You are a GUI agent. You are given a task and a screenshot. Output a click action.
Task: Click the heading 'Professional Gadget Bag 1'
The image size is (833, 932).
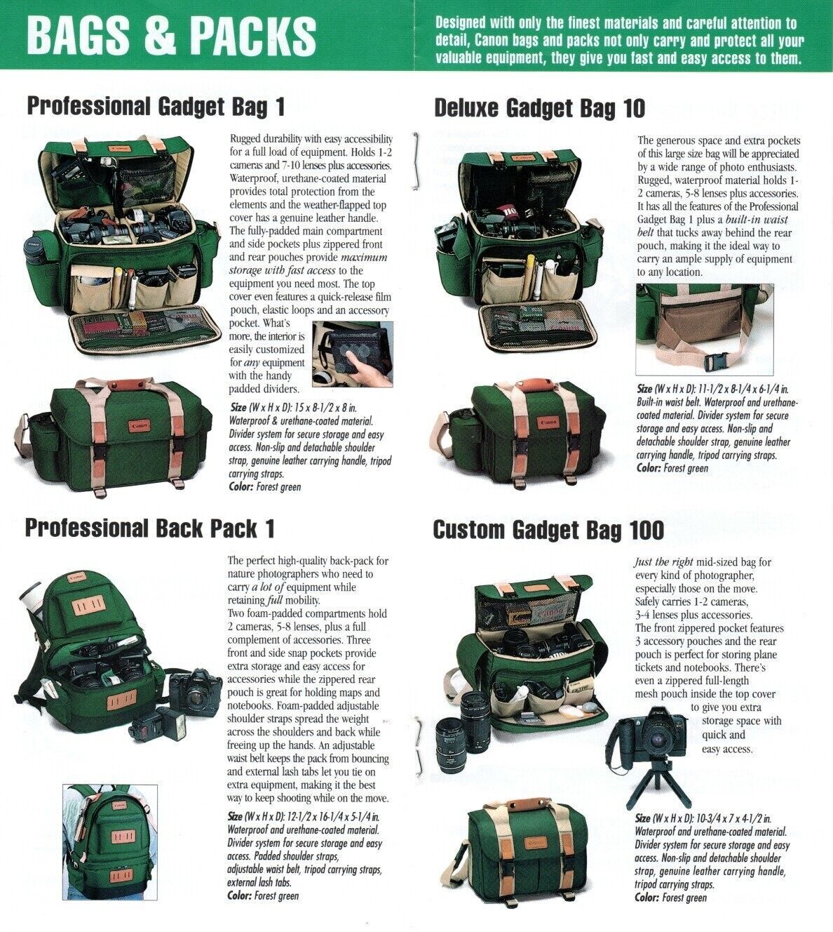[156, 107]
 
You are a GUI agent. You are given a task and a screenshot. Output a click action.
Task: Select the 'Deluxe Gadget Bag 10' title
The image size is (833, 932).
[540, 109]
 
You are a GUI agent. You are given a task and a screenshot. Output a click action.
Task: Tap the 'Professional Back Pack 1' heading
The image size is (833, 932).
[150, 528]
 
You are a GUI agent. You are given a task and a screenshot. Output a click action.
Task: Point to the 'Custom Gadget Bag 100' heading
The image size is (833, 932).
[548, 531]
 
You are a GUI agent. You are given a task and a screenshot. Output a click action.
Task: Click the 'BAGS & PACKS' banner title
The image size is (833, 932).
[172, 35]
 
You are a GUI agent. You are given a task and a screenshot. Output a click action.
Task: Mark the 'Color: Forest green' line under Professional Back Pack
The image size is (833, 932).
[263, 896]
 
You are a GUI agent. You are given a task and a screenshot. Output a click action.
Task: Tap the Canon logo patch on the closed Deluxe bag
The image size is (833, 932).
[550, 421]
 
